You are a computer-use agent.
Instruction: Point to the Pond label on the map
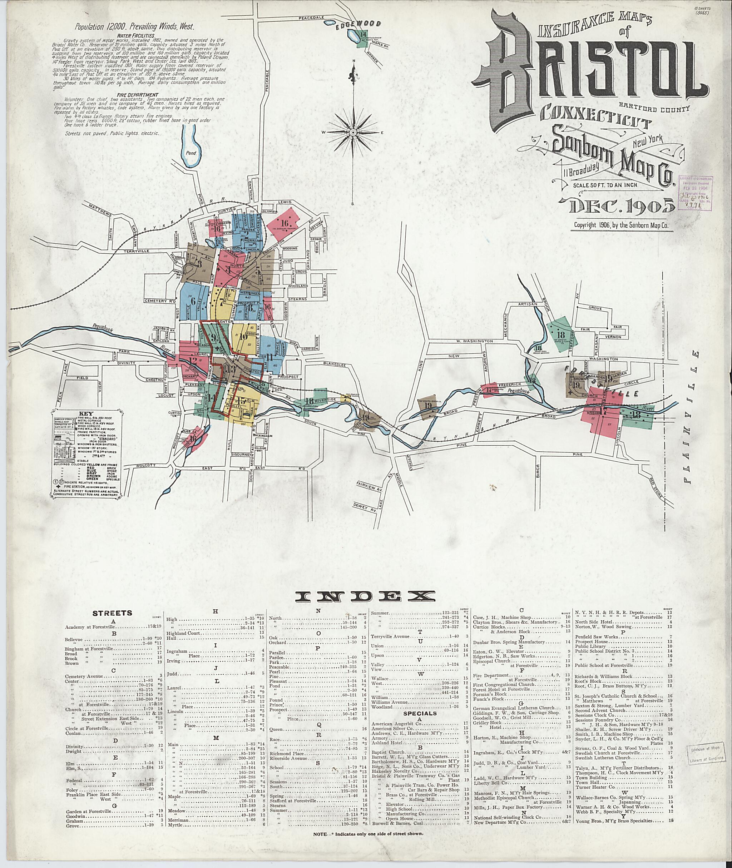(x=191, y=153)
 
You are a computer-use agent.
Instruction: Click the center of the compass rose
(x=353, y=132)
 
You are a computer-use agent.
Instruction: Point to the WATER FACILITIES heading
(x=142, y=36)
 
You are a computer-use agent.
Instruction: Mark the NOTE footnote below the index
(x=369, y=833)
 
